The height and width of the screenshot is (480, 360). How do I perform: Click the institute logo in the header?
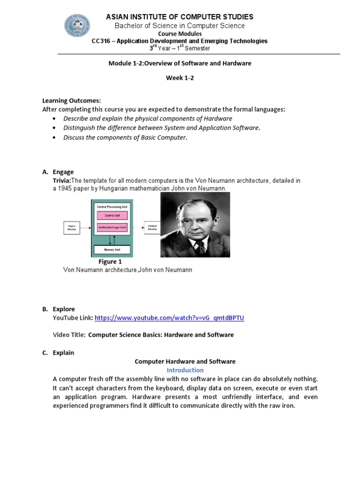pyautogui.click(x=77, y=25)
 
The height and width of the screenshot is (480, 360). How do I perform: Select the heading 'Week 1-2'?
pyautogui.click(x=180, y=78)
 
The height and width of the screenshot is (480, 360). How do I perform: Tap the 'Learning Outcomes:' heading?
pyautogui.click(x=72, y=101)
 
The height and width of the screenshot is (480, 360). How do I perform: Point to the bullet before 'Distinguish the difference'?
pyautogui.click(x=55, y=128)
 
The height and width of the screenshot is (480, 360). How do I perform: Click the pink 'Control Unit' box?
pyautogui.click(x=112, y=216)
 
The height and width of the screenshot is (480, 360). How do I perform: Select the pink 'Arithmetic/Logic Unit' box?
pyautogui.click(x=112, y=227)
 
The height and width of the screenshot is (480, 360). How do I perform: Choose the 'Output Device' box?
pyautogui.click(x=152, y=228)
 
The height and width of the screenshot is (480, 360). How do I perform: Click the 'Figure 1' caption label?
pyautogui.click(x=110, y=262)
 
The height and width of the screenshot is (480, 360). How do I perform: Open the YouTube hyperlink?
pyautogui.click(x=169, y=318)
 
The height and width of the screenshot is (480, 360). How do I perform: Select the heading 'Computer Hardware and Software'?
pyautogui.click(x=185, y=361)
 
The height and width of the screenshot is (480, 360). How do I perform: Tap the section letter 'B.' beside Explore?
pyautogui.click(x=45, y=309)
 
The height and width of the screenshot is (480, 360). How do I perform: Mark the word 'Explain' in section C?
pyautogui.click(x=63, y=353)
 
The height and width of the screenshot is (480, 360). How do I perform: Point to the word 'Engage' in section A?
pyautogui.click(x=63, y=172)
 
